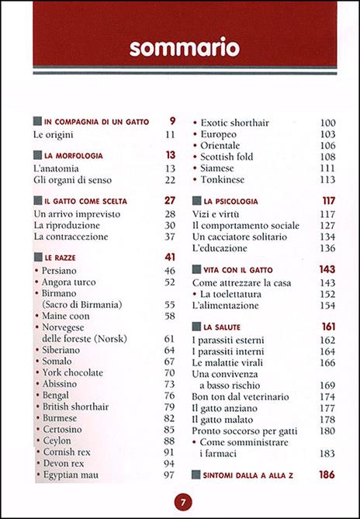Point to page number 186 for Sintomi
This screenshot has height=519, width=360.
point(324,473)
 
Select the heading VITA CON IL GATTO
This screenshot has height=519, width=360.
point(244,268)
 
